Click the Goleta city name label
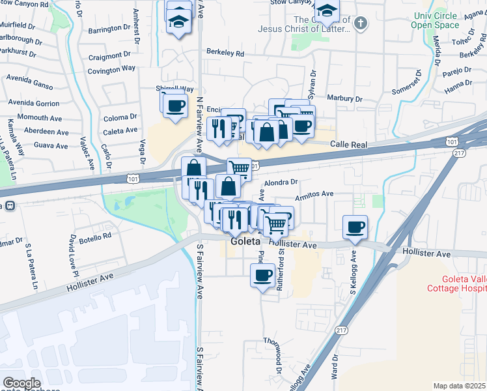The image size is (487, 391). pyautogui.click(x=245, y=243)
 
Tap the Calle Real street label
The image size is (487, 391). pyautogui.click(x=351, y=143)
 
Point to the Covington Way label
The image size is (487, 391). pyautogui.click(x=111, y=68)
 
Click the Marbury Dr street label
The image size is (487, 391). pyautogui.click(x=344, y=98)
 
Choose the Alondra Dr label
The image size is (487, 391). pyautogui.click(x=281, y=182)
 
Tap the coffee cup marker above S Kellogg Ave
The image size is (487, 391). pyautogui.click(x=355, y=227)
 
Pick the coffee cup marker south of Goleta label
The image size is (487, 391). pyautogui.click(x=262, y=274)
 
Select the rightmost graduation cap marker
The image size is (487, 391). pyautogui.click(x=327, y=10)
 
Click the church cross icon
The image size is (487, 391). pyautogui.click(x=361, y=24)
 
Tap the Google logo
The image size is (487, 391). pyautogui.click(x=21, y=384)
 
